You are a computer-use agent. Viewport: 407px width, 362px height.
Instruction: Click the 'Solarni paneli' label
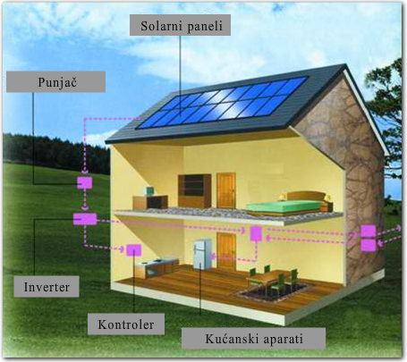click(x=180, y=25)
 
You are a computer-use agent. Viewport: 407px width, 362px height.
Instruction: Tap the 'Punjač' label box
click(x=55, y=81)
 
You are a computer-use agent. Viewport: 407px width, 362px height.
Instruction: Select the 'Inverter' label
click(x=47, y=286)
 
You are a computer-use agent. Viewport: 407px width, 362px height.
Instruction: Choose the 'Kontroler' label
click(x=126, y=324)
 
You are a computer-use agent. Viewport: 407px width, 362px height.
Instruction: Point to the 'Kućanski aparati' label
click(x=253, y=338)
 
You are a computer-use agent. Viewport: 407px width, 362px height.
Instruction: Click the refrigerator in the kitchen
click(x=202, y=255)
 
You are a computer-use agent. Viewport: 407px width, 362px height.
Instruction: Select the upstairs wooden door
click(x=226, y=190)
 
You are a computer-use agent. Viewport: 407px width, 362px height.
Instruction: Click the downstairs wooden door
click(x=225, y=249)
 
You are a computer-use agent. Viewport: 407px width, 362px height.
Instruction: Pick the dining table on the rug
click(x=270, y=276)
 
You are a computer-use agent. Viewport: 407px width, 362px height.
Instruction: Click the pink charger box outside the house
click(x=85, y=182)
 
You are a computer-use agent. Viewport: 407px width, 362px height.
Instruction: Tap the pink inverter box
click(x=85, y=219)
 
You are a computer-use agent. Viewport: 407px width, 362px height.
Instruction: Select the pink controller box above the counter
click(x=134, y=250)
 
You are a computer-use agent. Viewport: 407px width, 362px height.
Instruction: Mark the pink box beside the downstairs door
click(x=256, y=233)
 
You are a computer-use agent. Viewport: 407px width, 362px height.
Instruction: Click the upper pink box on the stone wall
click(x=369, y=232)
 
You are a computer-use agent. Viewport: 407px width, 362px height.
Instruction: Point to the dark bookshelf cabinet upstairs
click(x=195, y=190)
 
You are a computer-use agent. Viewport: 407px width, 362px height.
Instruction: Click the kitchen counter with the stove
click(x=157, y=267)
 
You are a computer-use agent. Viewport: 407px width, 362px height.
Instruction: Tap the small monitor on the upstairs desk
click(x=149, y=191)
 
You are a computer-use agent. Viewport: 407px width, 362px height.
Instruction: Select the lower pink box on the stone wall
click(x=369, y=246)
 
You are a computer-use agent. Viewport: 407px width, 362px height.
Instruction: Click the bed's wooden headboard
click(x=306, y=196)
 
